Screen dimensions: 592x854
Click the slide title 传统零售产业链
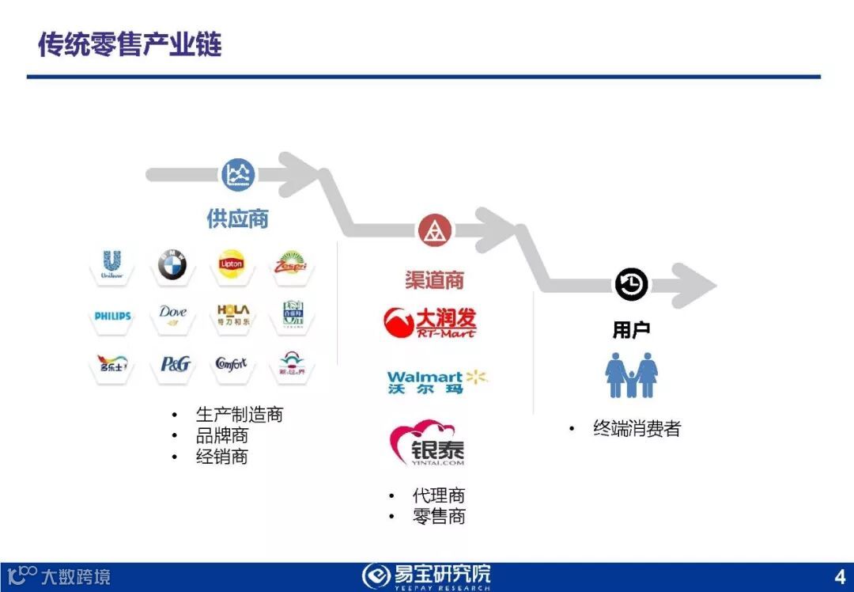click(130, 44)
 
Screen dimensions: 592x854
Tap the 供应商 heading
click(237, 219)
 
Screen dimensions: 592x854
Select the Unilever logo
click(111, 265)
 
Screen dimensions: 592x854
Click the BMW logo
click(172, 265)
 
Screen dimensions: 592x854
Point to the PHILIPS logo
click(112, 316)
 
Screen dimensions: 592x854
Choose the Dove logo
click(172, 313)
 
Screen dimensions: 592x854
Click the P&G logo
click(175, 364)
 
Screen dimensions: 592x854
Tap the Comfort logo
click(232, 364)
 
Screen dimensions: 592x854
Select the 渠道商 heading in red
click(434, 279)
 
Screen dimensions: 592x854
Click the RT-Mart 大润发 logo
click(431, 322)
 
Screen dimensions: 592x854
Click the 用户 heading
click(631, 330)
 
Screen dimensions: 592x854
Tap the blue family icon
click(631, 375)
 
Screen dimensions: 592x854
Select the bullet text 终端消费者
click(637, 429)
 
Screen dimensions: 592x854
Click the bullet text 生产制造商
click(239, 415)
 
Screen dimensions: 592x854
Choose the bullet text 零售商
click(439, 517)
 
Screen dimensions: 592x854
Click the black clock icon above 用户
click(631, 284)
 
